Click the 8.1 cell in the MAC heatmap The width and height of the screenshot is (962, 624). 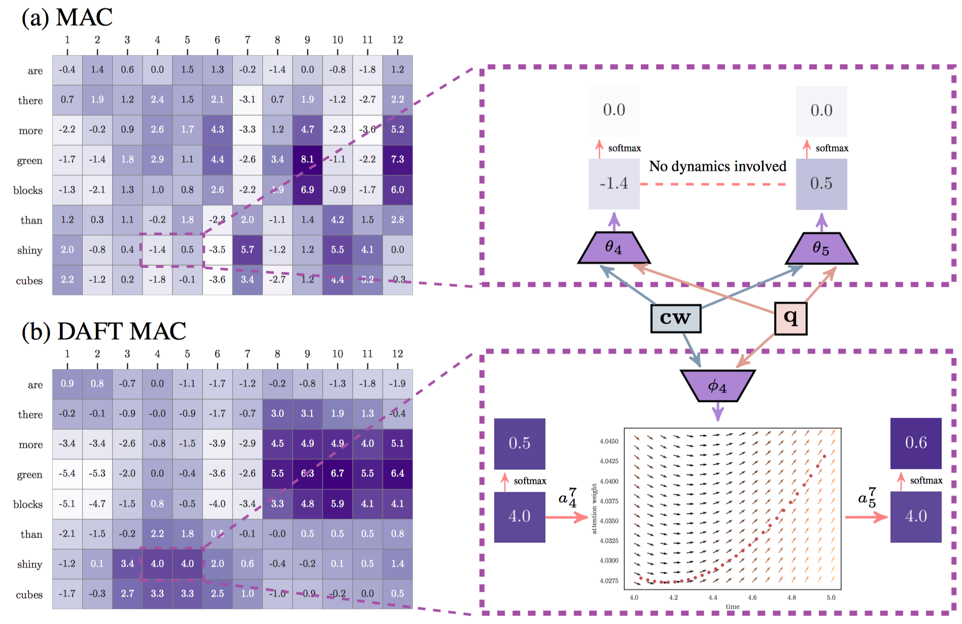[307, 160]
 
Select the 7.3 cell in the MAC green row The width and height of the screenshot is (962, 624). [397, 160]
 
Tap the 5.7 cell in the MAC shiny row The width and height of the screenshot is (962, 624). [248, 250]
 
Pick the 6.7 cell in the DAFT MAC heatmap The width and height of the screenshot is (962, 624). [337, 474]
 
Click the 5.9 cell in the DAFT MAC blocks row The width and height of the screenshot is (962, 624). [337, 504]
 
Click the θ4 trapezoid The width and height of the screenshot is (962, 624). [614, 248]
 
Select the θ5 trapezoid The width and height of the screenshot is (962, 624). [821, 249]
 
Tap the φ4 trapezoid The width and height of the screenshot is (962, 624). [717, 386]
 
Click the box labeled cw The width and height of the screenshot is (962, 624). [675, 318]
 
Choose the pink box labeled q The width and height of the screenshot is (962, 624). [791, 318]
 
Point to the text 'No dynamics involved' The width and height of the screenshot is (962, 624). [717, 166]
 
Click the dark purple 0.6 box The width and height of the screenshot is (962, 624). [916, 443]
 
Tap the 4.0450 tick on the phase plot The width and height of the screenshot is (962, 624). [609, 441]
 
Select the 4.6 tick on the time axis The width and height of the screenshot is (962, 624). [752, 598]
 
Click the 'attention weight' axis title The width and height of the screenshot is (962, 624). [594, 508]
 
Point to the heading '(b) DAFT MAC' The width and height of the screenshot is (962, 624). [104, 331]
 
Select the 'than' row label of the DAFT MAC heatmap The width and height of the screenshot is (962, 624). [31, 534]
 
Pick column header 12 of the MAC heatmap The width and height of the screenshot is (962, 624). [397, 40]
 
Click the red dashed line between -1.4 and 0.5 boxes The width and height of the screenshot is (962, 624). [717, 184]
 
